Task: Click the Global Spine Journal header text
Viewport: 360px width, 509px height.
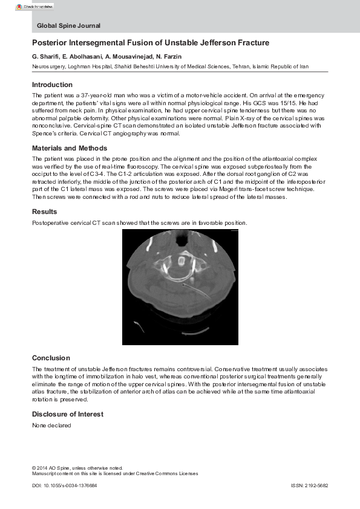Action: tap(68, 26)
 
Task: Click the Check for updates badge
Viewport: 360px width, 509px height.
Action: tap(34, 6)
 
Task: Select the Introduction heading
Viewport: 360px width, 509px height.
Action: tap(52, 85)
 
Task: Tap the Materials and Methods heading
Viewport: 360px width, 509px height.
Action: tap(70, 148)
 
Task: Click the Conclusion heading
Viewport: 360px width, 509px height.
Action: tap(51, 358)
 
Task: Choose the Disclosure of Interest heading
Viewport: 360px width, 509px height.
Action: tap(68, 414)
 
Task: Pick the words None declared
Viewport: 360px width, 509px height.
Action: tap(51, 426)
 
